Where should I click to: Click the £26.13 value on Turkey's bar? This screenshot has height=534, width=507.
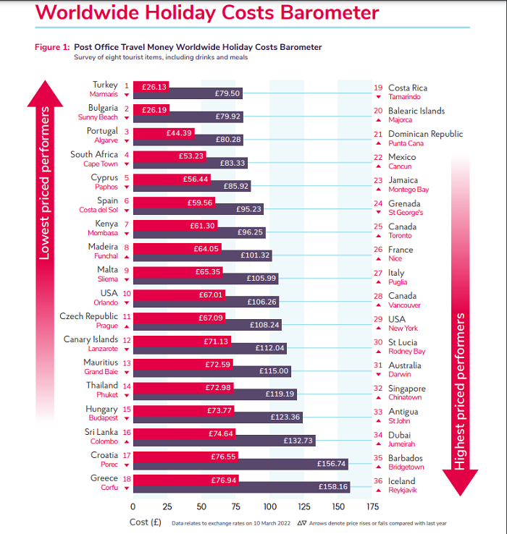(x=154, y=86)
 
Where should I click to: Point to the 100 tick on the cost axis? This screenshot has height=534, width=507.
(x=269, y=507)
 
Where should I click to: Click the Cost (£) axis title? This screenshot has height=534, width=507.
(x=145, y=522)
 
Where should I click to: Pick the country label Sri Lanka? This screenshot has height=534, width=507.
(x=102, y=431)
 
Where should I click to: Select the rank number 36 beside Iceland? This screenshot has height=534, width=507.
(x=378, y=480)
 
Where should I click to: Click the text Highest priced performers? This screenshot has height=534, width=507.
(x=458, y=391)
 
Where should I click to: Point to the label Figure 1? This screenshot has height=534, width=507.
(x=52, y=47)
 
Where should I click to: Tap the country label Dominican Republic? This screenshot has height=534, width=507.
(x=425, y=134)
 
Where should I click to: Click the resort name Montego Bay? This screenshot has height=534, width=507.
(x=408, y=190)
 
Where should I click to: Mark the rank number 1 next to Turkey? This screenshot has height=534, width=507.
(x=126, y=85)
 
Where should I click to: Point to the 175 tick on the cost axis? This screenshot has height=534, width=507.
(x=372, y=507)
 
